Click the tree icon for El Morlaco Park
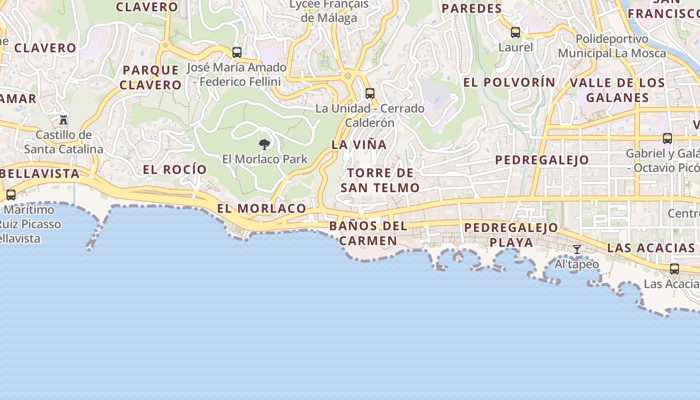(264, 145)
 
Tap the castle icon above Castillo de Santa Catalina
(63, 120)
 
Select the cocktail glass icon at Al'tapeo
(577, 249)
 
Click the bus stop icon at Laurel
(515, 33)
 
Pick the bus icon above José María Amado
(237, 52)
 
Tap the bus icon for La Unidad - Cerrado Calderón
(370, 93)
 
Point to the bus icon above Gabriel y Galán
(667, 138)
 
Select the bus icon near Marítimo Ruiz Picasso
(11, 195)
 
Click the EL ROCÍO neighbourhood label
(175, 169)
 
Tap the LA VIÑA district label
(359, 145)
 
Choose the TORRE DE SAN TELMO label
(380, 180)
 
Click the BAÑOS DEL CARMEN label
(368, 233)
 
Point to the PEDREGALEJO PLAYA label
(511, 234)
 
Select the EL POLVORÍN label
(509, 82)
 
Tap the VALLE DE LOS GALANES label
(617, 90)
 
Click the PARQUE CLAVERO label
(150, 77)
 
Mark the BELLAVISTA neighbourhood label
(40, 173)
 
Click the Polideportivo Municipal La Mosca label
(612, 46)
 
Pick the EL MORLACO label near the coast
(261, 208)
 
